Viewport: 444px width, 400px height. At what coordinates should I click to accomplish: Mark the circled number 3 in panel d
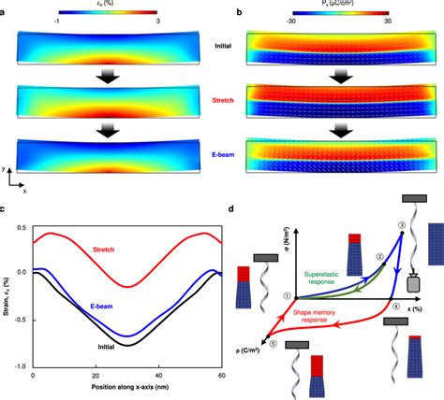click(402, 224)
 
